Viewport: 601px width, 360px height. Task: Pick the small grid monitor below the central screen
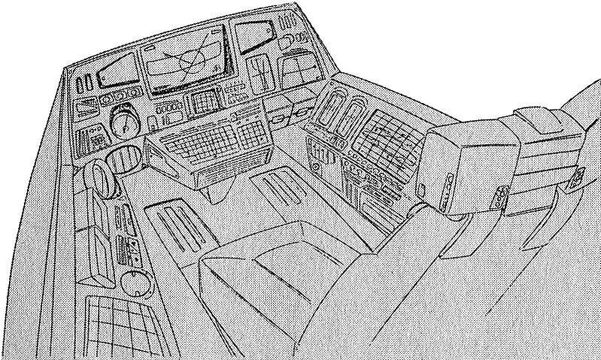(203, 104)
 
